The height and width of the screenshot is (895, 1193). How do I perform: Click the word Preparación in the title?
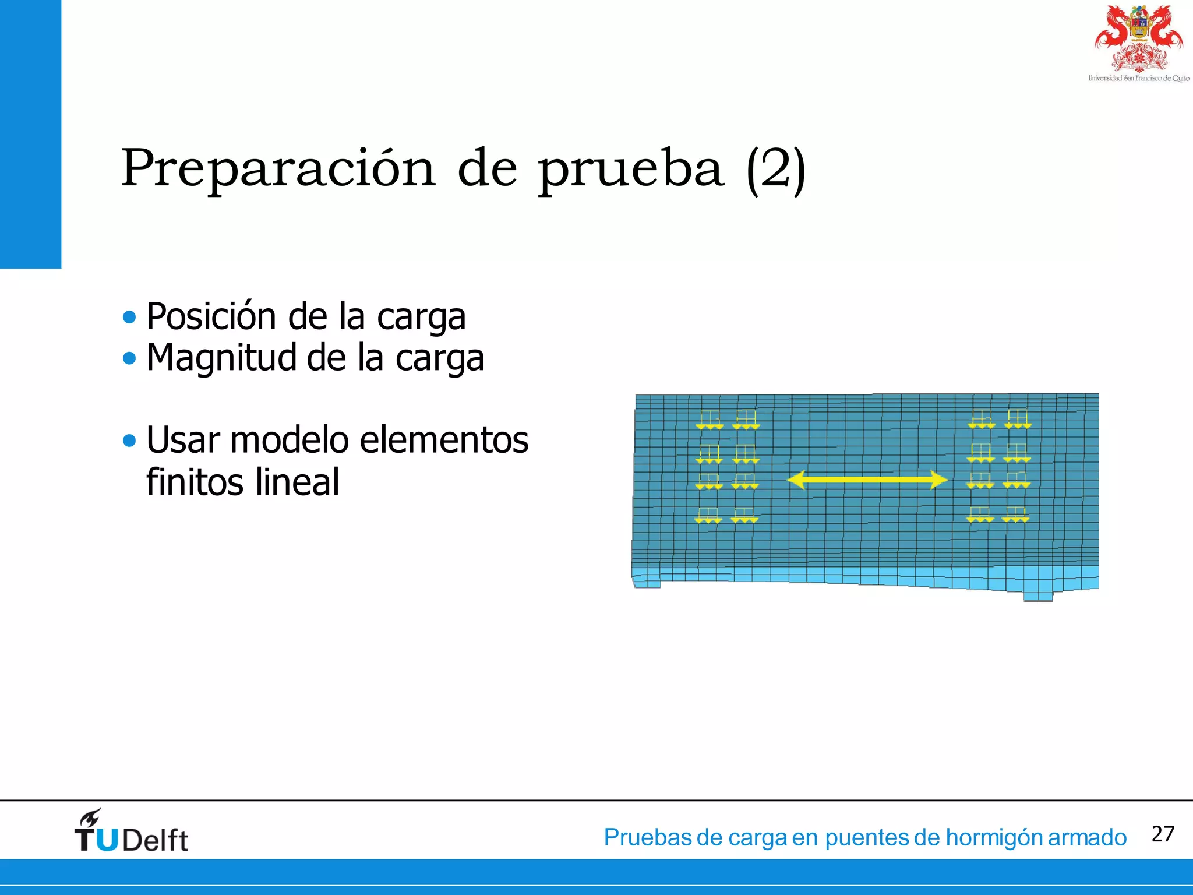click(278, 169)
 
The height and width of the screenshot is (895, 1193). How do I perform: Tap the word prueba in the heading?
click(630, 170)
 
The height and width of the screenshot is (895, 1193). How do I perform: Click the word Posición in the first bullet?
click(211, 316)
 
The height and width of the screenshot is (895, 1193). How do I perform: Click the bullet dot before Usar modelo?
click(129, 441)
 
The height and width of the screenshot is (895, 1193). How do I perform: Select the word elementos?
click(444, 440)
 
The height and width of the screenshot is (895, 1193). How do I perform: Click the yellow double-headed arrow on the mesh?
click(867, 480)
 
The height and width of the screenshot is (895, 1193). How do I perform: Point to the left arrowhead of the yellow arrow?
click(796, 480)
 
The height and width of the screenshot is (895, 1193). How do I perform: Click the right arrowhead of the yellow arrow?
click(938, 480)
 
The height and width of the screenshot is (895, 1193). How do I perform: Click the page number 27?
click(1163, 834)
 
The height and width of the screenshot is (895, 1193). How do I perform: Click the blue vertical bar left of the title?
click(30, 134)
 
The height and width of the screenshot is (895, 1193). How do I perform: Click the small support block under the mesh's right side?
click(1037, 596)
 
